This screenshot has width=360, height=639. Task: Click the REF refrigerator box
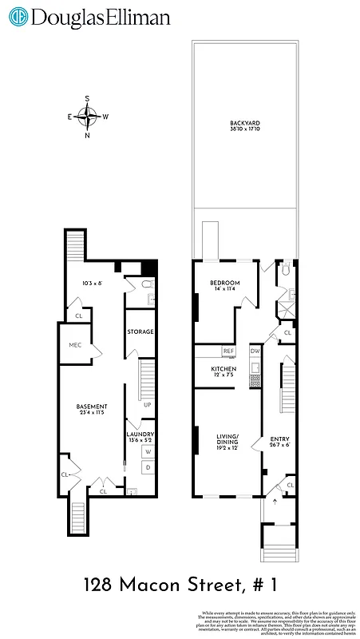tap(228, 351)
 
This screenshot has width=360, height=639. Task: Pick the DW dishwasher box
tap(255, 351)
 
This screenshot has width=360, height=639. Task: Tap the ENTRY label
tap(280, 440)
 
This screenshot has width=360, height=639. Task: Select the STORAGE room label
tap(140, 331)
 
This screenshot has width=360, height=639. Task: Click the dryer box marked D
tap(147, 467)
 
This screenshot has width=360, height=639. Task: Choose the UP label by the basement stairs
tap(147, 404)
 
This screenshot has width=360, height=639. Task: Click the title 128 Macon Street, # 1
tap(180, 585)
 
